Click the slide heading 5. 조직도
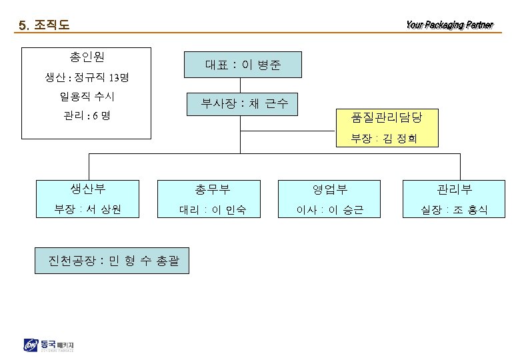pyautogui.click(x=44, y=26)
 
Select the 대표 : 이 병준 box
pyautogui.click(x=243, y=65)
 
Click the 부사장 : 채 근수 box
pyautogui.click(x=242, y=103)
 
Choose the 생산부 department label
pyautogui.click(x=88, y=189)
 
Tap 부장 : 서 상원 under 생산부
pyautogui.click(x=88, y=209)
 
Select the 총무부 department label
pyautogui.click(x=213, y=189)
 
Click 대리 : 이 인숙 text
pyautogui.click(x=213, y=210)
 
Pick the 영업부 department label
pyautogui.click(x=330, y=189)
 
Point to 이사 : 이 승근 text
pyautogui.click(x=330, y=210)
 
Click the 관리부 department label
pyautogui.click(x=454, y=189)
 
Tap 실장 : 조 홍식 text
pyautogui.click(x=454, y=210)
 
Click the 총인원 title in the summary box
pyautogui.click(x=86, y=57)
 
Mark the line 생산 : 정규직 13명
pyautogui.click(x=86, y=78)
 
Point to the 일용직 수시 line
pyautogui.click(x=86, y=97)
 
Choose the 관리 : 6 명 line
pyautogui.click(x=86, y=116)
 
